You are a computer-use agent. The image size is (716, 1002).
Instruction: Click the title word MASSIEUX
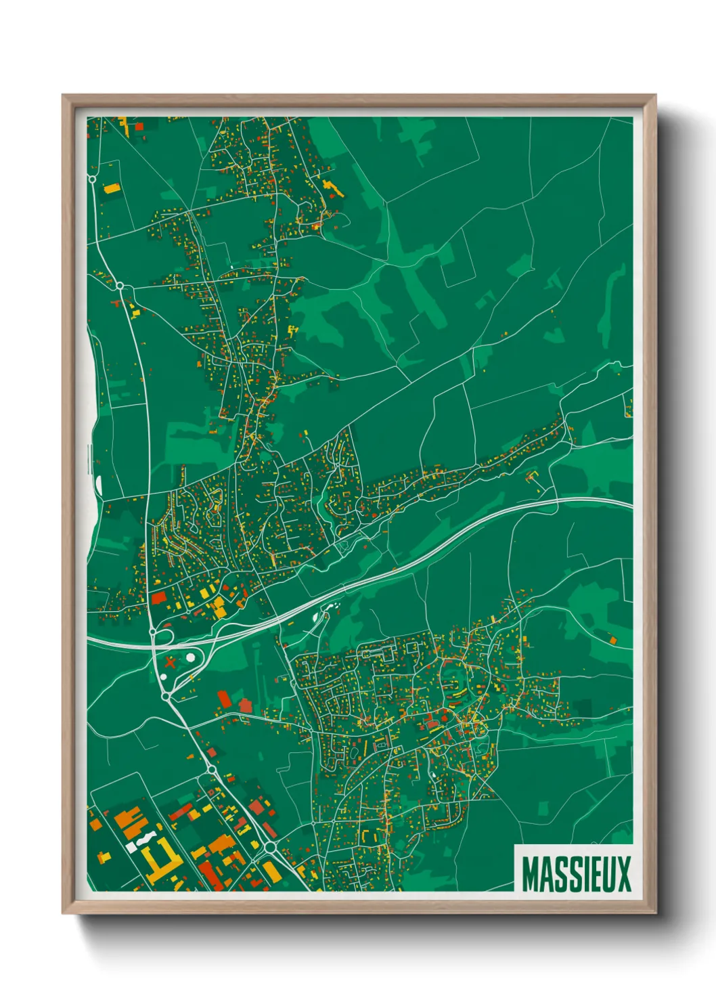pos(576,874)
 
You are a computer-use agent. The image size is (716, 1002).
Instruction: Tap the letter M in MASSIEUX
pos(531,874)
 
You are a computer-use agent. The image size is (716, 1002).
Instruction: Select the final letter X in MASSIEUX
pos(623,874)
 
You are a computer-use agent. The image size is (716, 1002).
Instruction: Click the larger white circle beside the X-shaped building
pos(192,656)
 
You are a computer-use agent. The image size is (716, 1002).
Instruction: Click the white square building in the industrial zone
pos(131,846)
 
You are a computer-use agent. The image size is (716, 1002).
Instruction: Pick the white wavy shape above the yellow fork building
pos(142,839)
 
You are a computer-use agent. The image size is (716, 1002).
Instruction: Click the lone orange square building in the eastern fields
pos(612,639)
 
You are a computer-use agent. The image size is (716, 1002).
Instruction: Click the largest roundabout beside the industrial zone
pos(270,847)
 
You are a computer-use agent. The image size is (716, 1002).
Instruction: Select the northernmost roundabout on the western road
pos(120,286)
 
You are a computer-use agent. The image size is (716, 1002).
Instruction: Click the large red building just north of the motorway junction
pos(158,598)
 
